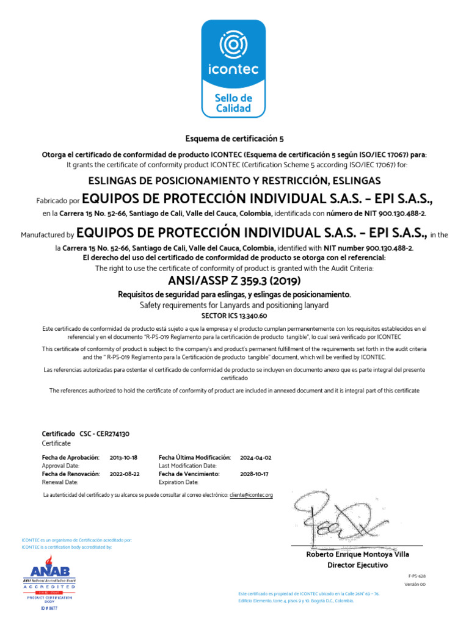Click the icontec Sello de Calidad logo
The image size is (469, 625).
point(234,68)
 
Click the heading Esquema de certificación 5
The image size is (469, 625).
point(234,139)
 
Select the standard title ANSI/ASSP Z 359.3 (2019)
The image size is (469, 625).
point(234,281)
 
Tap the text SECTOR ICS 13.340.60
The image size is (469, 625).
point(234,316)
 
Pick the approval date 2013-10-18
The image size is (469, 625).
point(123,457)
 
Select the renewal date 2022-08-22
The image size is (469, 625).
point(125,474)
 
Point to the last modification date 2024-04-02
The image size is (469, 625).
point(256,457)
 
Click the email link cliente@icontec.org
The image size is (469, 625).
point(251,495)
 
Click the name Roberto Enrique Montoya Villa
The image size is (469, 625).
point(357,554)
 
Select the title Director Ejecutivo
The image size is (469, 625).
point(357,565)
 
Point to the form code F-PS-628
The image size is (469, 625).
point(416,576)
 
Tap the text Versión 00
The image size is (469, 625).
point(415,585)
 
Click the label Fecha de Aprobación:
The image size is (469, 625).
point(70,457)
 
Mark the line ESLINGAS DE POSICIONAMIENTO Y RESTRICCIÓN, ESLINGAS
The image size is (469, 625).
point(234,181)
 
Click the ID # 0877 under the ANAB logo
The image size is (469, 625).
point(48,610)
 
